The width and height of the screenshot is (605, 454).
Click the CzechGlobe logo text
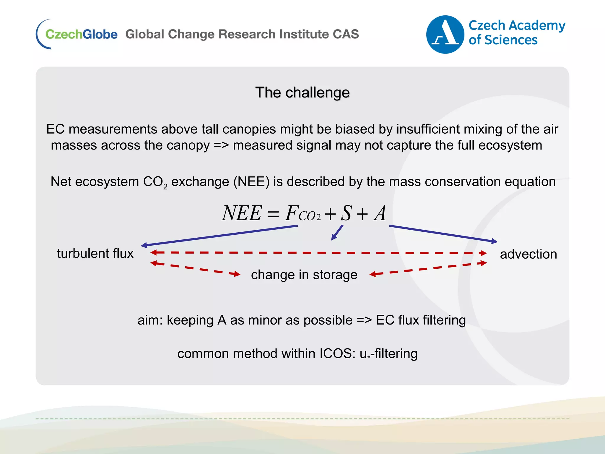pyautogui.click(x=81, y=34)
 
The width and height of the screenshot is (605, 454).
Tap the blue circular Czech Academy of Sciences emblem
pyautogui.click(x=445, y=35)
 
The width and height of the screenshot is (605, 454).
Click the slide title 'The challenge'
pyautogui.click(x=302, y=93)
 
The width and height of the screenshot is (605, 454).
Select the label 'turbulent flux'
pyautogui.click(x=95, y=254)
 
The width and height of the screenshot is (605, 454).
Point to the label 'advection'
pyautogui.click(x=528, y=254)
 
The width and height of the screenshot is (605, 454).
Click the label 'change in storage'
pyautogui.click(x=304, y=275)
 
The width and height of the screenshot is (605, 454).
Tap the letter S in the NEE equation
pyautogui.click(x=346, y=213)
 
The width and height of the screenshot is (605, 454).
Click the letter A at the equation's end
pyautogui.click(x=380, y=213)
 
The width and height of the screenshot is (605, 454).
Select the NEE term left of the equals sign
pyautogui.click(x=242, y=213)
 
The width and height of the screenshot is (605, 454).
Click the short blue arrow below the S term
pyautogui.click(x=337, y=233)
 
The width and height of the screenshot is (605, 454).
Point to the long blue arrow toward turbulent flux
pyautogui.click(x=219, y=236)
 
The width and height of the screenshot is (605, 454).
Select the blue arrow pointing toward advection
pyautogui.click(x=443, y=234)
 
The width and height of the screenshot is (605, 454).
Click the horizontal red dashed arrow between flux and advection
pyautogui.click(x=318, y=253)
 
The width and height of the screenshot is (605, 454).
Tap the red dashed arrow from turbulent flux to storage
pyautogui.click(x=195, y=268)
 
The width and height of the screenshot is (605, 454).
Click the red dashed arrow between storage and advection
pyautogui.click(x=428, y=268)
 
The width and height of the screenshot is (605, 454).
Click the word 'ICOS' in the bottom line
pyautogui.click(x=337, y=354)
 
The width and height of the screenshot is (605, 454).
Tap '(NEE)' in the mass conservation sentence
pyautogui.click(x=251, y=182)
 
